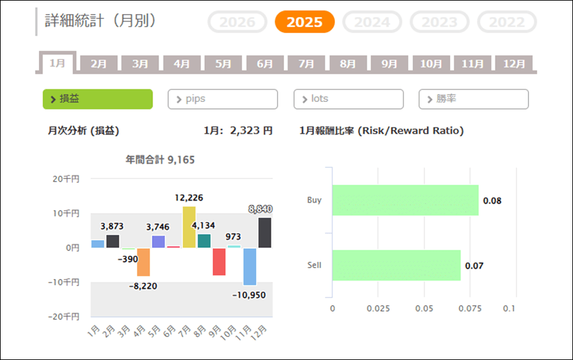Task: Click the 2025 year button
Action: [x=304, y=22]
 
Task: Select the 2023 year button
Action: [x=439, y=22]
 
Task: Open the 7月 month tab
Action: [x=306, y=64]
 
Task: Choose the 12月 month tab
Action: [x=514, y=64]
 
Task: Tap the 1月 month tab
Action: [x=57, y=63]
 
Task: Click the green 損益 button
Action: [x=97, y=99]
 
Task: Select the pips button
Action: [x=223, y=99]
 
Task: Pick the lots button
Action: [x=348, y=99]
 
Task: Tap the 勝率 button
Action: [x=474, y=99]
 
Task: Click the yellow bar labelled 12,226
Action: [x=189, y=227]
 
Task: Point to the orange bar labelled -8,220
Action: [x=143, y=261]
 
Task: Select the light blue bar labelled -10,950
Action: [x=250, y=266]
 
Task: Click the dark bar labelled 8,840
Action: [x=265, y=233]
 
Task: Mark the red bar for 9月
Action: [x=219, y=261]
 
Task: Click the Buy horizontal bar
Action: [x=405, y=200]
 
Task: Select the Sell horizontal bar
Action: [x=396, y=265]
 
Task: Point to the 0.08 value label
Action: [x=492, y=201]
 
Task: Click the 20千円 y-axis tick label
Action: [x=66, y=179]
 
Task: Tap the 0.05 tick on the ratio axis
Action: [x=424, y=308]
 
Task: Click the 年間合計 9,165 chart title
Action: [x=160, y=160]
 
